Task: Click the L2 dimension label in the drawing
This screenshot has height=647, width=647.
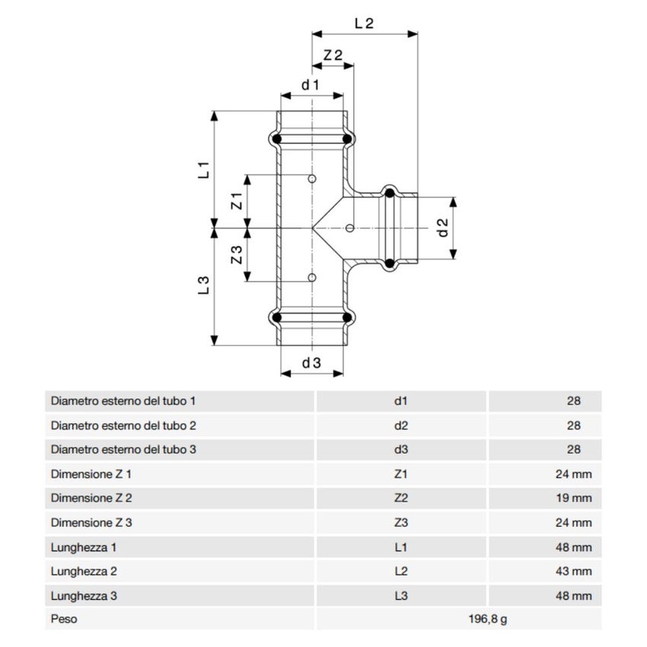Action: [364, 23]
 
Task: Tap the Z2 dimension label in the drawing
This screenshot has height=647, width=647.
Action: [333, 56]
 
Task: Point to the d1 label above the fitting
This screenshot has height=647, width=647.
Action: [310, 84]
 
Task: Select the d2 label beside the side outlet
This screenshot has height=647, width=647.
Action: [441, 228]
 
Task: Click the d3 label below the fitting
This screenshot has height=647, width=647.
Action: [311, 363]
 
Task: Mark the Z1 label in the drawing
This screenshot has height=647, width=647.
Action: [236, 201]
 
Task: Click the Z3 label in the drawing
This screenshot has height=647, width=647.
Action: [236, 255]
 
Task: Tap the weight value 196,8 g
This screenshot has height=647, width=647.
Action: [486, 619]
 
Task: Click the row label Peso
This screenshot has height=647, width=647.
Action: [64, 619]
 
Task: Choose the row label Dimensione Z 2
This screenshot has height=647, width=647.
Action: [91, 499]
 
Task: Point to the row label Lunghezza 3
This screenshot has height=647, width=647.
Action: [84, 595]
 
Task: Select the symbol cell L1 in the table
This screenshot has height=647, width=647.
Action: [402, 547]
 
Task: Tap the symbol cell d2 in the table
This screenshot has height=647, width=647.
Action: [402, 425]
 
